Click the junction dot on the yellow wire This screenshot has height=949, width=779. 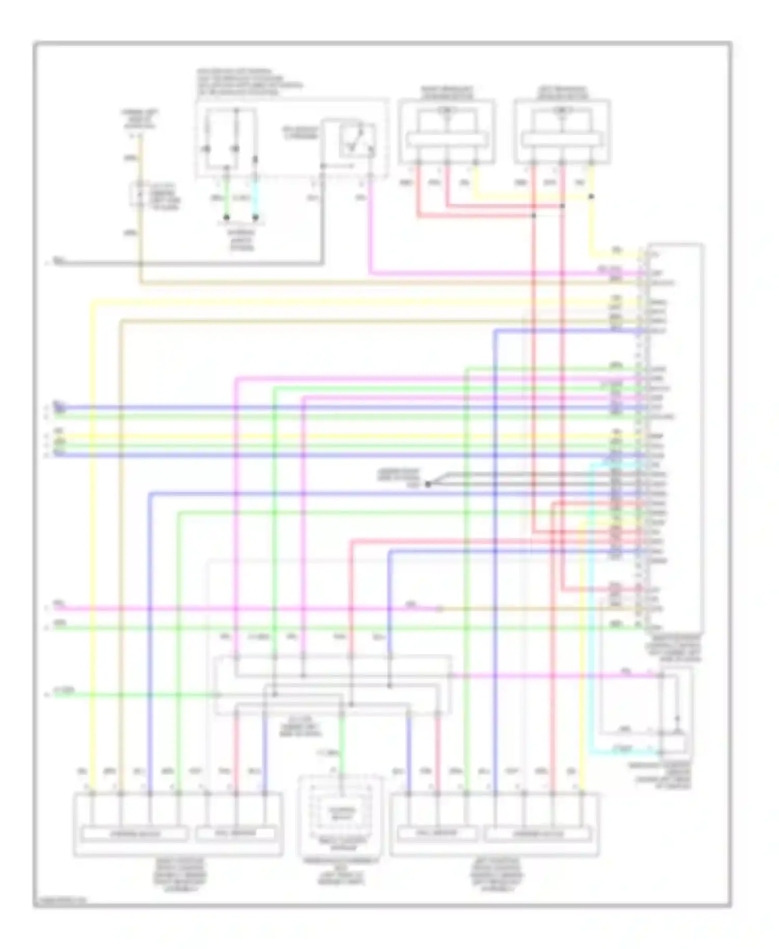591,197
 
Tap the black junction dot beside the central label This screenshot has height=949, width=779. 428,484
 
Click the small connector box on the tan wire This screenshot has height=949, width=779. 139,195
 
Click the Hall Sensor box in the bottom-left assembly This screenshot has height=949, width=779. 235,834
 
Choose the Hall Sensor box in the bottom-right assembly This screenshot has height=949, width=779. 437,834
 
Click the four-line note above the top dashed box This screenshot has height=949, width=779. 249,82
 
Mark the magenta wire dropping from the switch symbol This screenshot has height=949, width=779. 370,228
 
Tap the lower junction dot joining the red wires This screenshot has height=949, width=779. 533,215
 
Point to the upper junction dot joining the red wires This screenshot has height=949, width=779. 562,206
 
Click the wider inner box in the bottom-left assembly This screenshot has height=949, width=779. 135,834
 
